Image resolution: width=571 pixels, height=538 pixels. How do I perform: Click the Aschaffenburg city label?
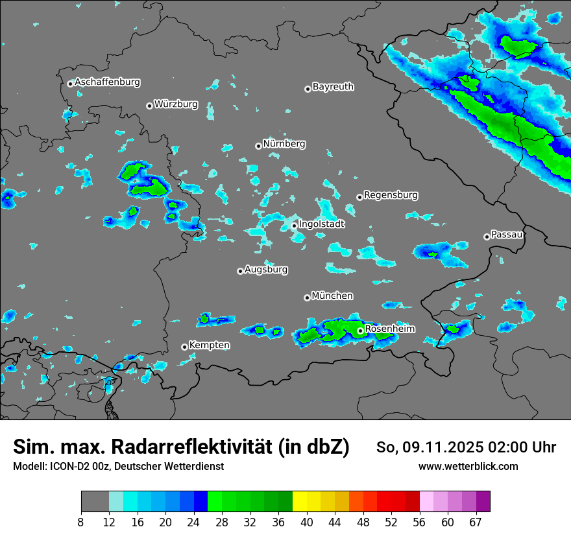coord(107,82)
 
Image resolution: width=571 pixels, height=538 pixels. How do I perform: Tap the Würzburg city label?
coord(176,104)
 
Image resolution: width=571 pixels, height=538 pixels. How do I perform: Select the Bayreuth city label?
coord(333,86)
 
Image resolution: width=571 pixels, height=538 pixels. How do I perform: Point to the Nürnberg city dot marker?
coord(258,146)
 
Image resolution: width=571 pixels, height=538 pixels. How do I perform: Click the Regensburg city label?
coord(391,195)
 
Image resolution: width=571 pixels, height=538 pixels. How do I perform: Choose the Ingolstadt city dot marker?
coord(295,226)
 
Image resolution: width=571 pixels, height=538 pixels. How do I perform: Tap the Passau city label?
coord(507,235)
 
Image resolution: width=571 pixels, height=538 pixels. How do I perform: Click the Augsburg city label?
coord(266,270)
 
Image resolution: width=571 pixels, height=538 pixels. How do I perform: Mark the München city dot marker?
coord(307,298)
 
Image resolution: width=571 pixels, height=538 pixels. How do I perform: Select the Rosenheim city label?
coord(390,329)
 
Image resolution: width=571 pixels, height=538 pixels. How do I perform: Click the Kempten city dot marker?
coord(184,347)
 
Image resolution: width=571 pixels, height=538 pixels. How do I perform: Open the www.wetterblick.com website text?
coord(468,467)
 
